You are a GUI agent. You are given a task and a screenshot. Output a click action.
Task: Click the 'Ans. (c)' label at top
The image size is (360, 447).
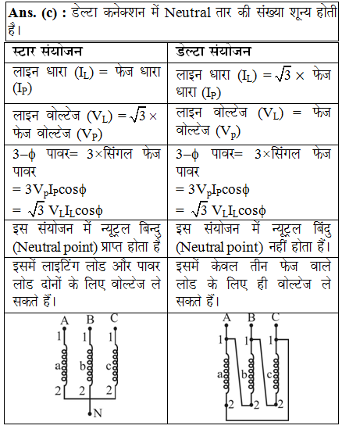coord(30,13)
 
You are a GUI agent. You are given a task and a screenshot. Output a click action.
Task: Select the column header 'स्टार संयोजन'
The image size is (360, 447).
coord(48,52)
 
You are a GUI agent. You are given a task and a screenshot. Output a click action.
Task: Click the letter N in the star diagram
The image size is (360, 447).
coord(98,413)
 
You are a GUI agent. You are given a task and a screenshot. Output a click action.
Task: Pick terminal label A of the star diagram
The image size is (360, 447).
coord(65,320)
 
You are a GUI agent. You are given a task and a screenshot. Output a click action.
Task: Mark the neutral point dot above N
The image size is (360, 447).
coord(90,410)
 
